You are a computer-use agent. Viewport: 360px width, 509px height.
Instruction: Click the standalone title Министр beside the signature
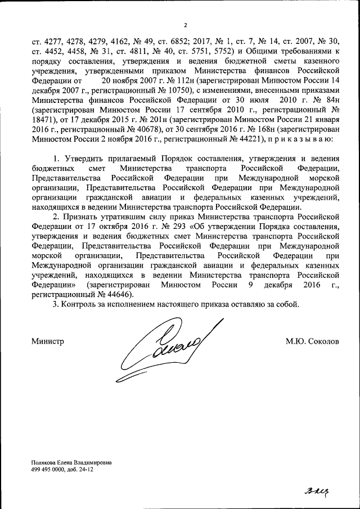[x=47, y=341]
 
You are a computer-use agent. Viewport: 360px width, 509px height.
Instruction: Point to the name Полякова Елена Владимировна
[x=71, y=462]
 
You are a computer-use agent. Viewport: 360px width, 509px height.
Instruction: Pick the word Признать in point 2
[x=79, y=216]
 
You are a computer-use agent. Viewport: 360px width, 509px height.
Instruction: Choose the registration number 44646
[x=116, y=293]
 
